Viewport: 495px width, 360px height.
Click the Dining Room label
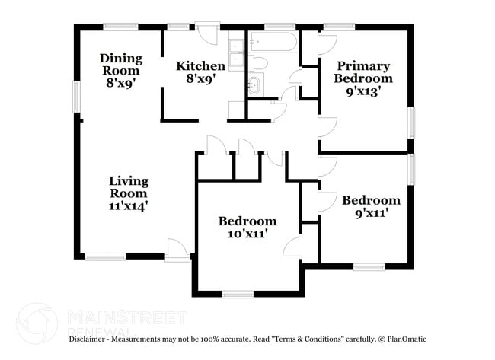[121, 65]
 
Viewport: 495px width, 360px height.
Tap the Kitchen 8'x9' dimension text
[201, 78]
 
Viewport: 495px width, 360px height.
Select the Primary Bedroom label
[363, 72]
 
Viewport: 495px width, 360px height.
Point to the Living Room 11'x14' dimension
[129, 206]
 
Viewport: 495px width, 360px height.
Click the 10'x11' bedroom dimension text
[247, 234]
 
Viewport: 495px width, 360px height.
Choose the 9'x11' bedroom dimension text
[372, 214]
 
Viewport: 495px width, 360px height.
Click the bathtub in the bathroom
[273, 42]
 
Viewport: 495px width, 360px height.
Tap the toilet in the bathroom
[258, 62]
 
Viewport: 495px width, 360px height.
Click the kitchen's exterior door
[207, 33]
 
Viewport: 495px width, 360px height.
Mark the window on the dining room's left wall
[77, 97]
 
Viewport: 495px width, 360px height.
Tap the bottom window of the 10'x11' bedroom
[238, 295]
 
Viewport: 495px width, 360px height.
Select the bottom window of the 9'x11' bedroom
[369, 267]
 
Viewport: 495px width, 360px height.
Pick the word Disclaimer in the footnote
[87, 339]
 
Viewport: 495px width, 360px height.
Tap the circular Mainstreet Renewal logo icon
[37, 323]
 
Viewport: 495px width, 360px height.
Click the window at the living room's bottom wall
[105, 257]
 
